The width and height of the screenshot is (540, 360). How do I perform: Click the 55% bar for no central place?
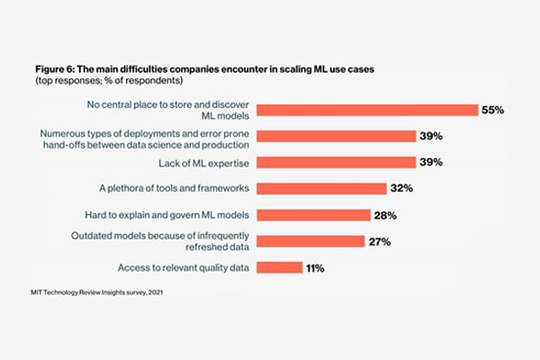367,110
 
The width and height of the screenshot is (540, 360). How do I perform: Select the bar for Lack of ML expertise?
336,162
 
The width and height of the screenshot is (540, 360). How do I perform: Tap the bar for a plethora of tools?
321,188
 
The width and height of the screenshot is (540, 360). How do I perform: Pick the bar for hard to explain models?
313,215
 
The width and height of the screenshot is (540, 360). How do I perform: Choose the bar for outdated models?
310,241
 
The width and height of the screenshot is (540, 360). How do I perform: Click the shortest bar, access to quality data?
280,267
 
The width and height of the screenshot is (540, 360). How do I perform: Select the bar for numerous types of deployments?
336,136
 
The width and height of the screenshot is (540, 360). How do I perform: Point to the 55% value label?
493,110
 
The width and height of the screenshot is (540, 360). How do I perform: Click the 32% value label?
401,188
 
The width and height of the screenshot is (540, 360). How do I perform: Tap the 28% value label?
385,215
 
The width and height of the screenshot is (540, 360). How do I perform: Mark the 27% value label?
380,242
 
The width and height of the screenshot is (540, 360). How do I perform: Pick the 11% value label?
315,268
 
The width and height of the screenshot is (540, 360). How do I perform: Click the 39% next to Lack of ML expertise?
431,162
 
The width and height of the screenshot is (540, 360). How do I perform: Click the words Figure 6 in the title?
55,69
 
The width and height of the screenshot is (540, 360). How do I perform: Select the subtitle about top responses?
109,81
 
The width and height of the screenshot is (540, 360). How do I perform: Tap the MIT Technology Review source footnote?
97,292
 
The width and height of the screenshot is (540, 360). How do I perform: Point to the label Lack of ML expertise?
204,163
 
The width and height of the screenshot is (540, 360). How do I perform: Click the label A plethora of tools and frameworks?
175,188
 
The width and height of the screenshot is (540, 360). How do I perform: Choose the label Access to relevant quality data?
184,267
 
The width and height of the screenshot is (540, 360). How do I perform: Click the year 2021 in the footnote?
156,292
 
